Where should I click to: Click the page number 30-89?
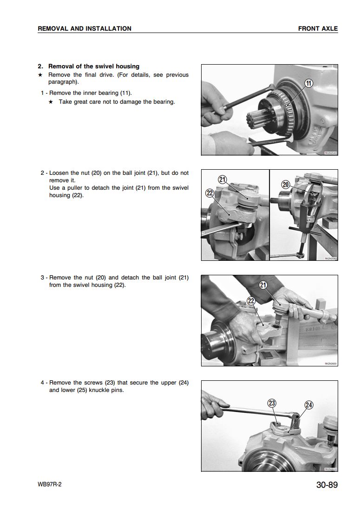click(x=327, y=485)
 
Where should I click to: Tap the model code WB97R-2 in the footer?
click(x=50, y=484)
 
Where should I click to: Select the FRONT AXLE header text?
click(x=318, y=28)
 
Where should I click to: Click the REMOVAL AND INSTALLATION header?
click(x=85, y=28)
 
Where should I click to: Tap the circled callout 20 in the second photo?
click(x=286, y=185)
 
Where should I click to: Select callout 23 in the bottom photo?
click(x=273, y=403)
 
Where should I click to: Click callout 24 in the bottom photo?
click(x=308, y=405)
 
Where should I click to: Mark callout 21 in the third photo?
click(x=263, y=285)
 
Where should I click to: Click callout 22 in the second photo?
click(x=209, y=193)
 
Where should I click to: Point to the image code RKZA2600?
click(x=331, y=364)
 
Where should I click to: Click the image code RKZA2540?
click(x=331, y=153)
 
